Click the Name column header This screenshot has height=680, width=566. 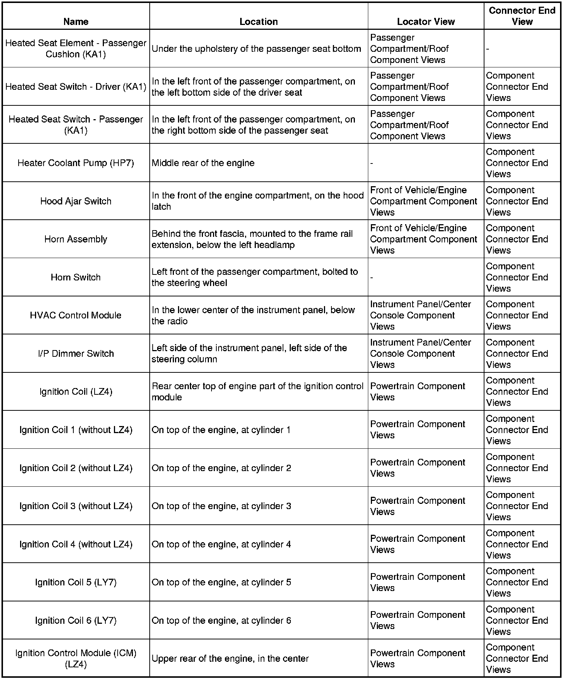[76, 22]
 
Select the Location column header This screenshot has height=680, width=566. [258, 22]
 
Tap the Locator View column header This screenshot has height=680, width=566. [426, 22]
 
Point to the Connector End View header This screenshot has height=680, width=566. [522, 16]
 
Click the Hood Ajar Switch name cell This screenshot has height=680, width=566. [76, 201]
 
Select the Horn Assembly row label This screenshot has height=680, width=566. [76, 239]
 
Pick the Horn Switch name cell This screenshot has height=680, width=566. [76, 277]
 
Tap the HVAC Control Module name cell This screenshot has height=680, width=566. [76, 315]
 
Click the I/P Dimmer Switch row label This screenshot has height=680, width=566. [76, 353]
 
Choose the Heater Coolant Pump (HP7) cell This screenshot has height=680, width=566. [76, 163]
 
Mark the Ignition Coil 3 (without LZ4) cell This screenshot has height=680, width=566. [76, 506]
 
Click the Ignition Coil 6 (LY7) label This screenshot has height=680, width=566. [76, 620]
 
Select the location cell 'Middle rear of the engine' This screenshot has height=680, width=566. [203, 163]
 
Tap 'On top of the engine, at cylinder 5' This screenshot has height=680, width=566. [221, 582]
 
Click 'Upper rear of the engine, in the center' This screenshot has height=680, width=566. [230, 659]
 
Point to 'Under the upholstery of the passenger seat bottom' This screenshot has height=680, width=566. [256, 49]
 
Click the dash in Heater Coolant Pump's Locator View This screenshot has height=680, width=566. [372, 163]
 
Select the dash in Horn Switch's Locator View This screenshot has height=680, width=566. [372, 277]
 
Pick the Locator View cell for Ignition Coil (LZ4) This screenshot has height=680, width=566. [417, 392]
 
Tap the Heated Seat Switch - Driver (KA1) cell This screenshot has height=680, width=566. [76, 87]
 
